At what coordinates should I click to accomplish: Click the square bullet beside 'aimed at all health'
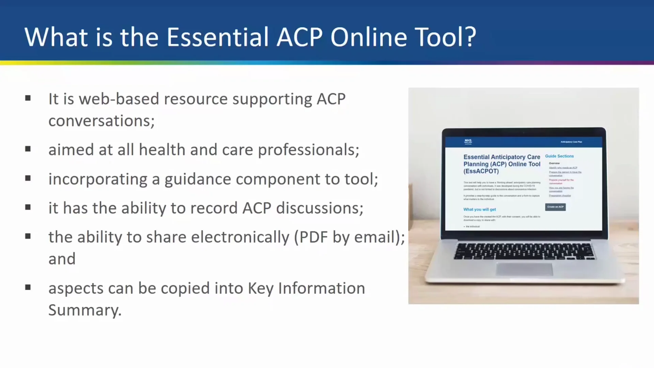pyautogui.click(x=28, y=149)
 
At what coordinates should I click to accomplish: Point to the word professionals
pyautogui.click(x=308, y=150)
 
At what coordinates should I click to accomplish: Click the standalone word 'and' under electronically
pyautogui.click(x=62, y=259)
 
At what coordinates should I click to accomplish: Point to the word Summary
pyautogui.click(x=84, y=310)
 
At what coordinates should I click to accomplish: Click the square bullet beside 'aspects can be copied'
pyautogui.click(x=28, y=287)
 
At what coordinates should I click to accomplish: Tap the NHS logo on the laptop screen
pyautogui.click(x=468, y=141)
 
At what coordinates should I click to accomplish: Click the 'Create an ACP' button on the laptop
pyautogui.click(x=555, y=207)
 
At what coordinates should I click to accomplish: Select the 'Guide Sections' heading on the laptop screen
pyautogui.click(x=559, y=156)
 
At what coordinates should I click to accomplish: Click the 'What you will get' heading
pyautogui.click(x=479, y=210)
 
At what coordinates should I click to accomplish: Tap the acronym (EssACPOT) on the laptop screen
pyautogui.click(x=481, y=171)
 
